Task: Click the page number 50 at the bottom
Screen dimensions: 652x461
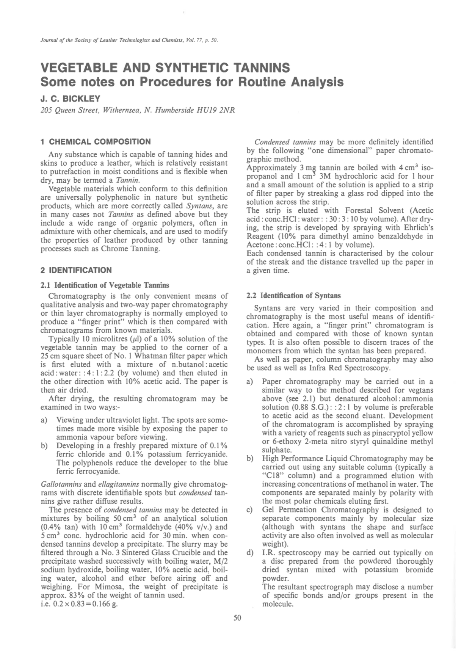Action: click(237, 618)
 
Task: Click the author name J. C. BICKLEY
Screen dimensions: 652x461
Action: click(71, 99)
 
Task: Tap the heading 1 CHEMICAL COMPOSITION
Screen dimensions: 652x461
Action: click(96, 142)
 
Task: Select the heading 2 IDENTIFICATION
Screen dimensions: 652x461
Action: click(76, 270)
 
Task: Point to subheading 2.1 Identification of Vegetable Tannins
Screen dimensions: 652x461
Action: click(105, 285)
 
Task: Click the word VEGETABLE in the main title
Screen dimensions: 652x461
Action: click(83, 68)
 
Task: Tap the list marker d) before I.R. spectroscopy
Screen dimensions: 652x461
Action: click(250, 553)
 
